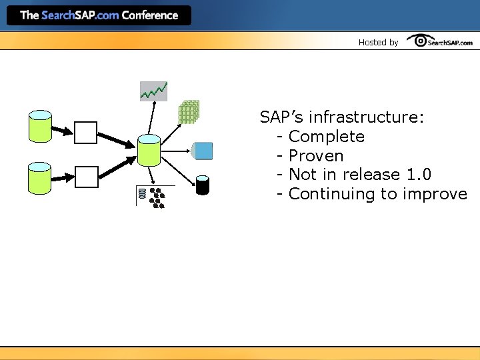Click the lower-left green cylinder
point(40,178)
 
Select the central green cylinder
point(149,150)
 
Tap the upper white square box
point(85,132)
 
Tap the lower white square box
point(85,177)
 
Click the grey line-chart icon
point(153,91)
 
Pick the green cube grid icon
point(189,112)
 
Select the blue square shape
point(202,151)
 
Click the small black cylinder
point(203,185)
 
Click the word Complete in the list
point(327,137)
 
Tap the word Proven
point(316,156)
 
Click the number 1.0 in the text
point(418,175)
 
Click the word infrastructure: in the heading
point(366,117)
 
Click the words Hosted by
point(378,42)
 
